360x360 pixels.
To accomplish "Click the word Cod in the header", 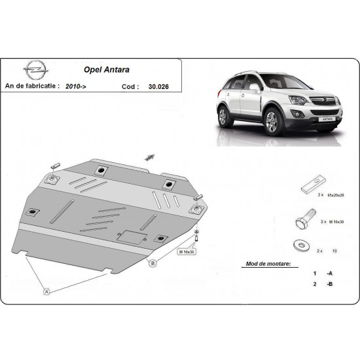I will point(130,85).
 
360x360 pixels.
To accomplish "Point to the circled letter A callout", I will point(46,292).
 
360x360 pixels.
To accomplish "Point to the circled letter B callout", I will point(153,264).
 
